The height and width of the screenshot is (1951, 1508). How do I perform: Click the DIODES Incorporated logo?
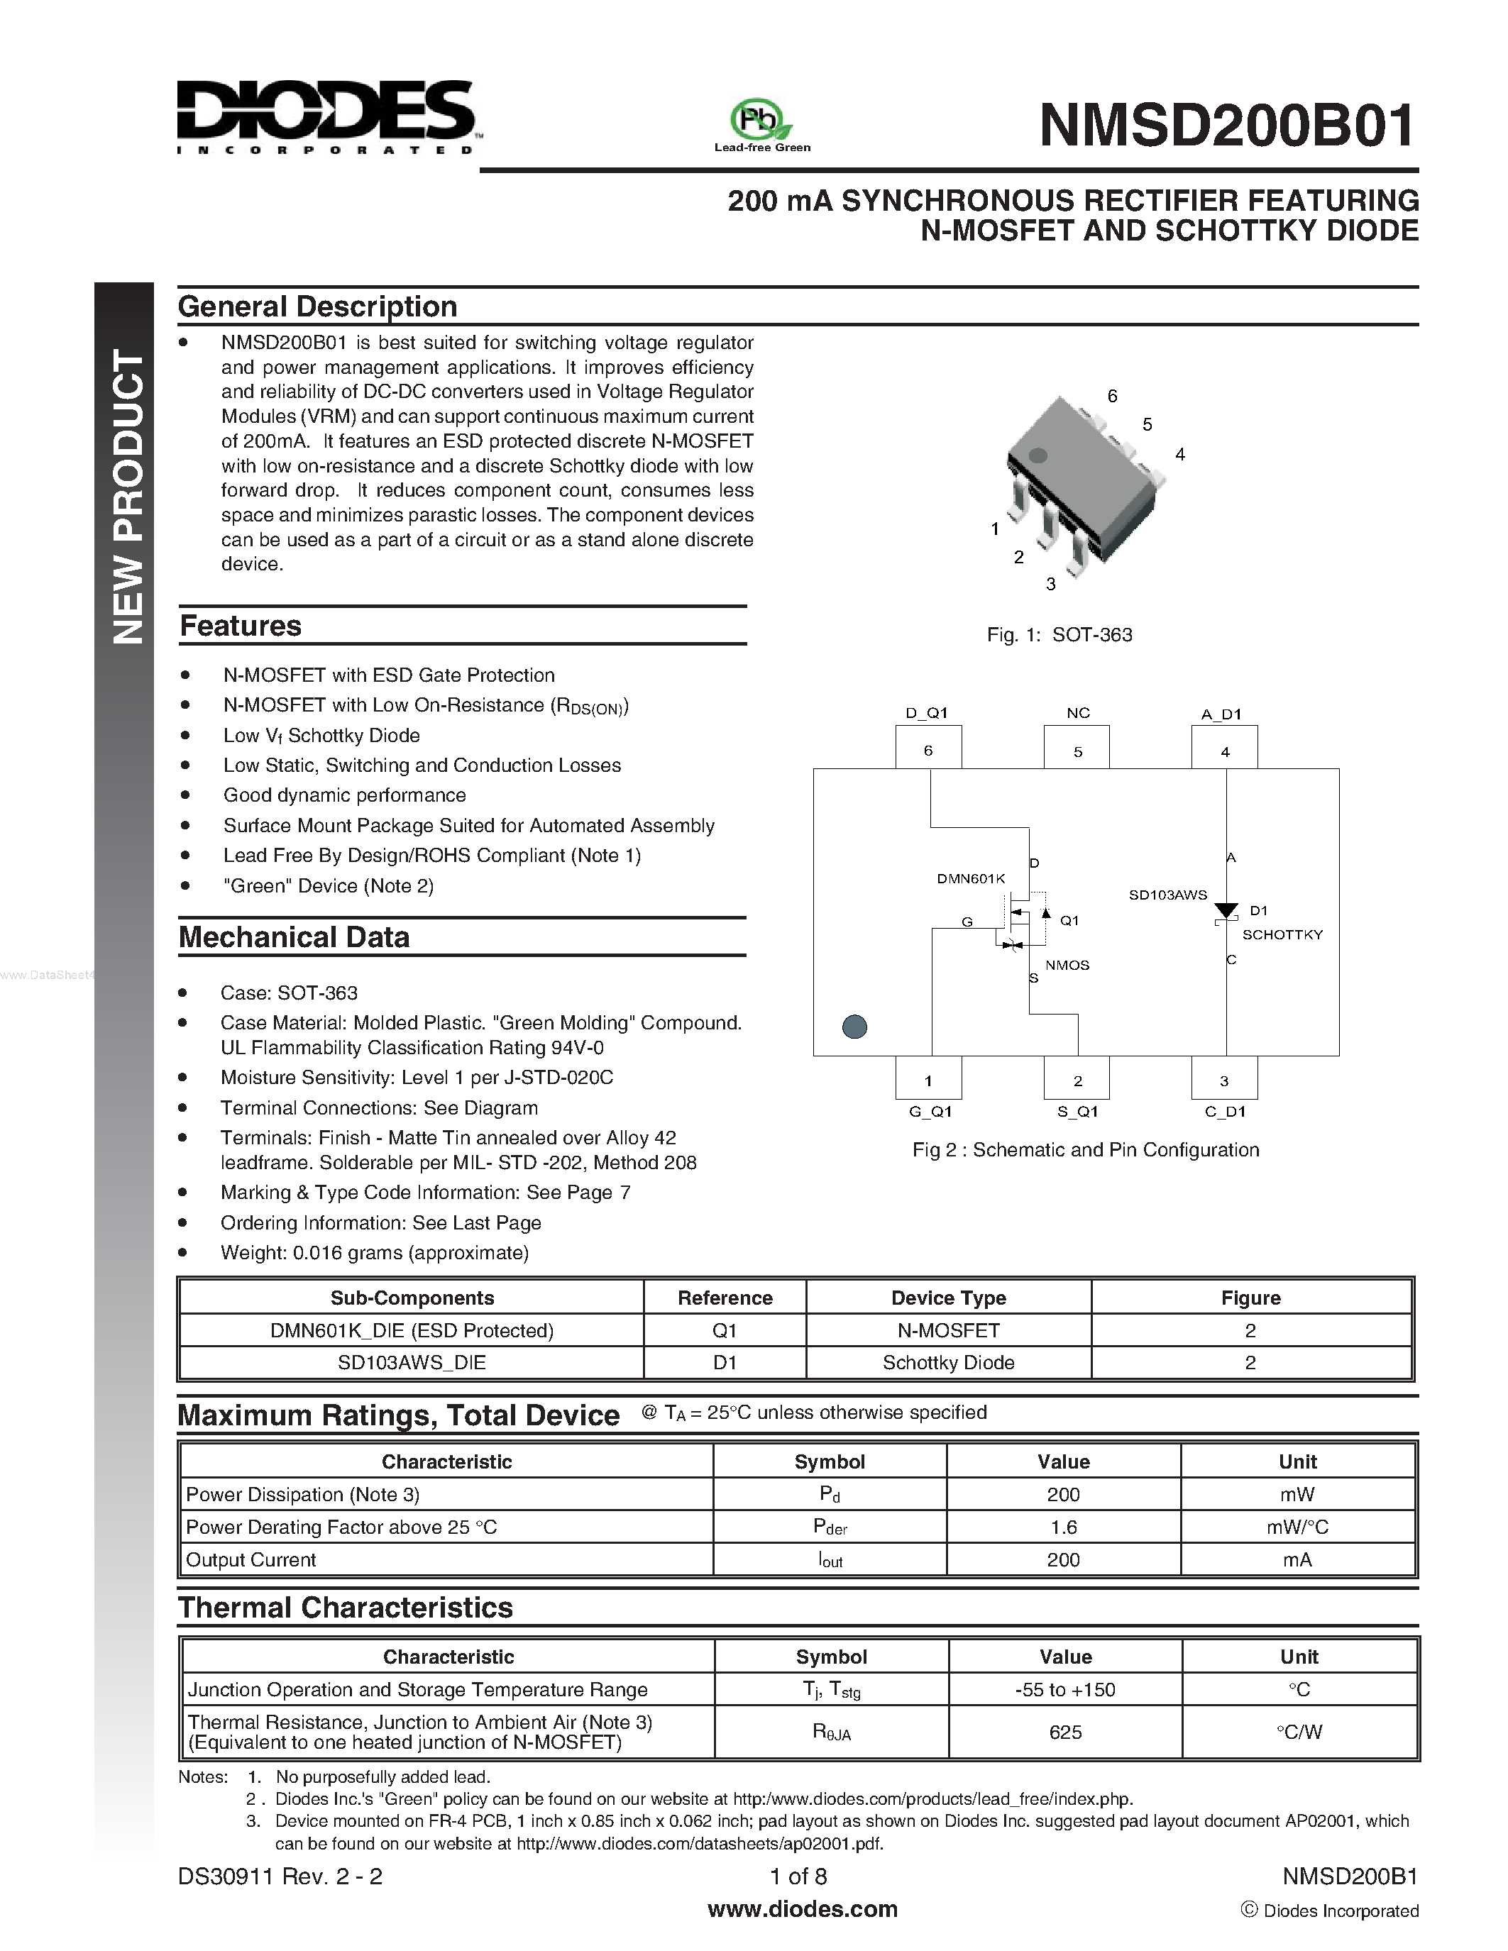[x=326, y=116]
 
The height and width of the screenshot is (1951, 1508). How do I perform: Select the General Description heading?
[x=317, y=306]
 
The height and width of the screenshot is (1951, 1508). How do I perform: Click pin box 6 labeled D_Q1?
[x=928, y=748]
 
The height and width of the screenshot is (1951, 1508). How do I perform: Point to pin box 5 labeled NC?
[x=1077, y=748]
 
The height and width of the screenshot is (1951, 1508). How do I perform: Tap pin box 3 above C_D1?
[x=1224, y=1078]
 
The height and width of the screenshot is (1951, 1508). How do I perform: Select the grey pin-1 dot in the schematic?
[x=855, y=1027]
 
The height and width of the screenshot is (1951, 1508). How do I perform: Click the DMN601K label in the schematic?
[x=971, y=878]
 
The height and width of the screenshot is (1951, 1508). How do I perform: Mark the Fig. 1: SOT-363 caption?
[x=1059, y=634]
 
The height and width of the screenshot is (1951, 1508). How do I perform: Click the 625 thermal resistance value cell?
[x=1065, y=1732]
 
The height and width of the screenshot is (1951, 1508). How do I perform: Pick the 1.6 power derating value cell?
[x=1063, y=1527]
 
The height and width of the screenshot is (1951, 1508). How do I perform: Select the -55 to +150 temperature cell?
[x=1065, y=1689]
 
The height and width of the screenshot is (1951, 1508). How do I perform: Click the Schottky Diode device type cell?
[x=948, y=1362]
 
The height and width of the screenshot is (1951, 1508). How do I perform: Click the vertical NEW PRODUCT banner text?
[x=126, y=497]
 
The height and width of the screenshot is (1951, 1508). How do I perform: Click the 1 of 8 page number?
[x=798, y=1876]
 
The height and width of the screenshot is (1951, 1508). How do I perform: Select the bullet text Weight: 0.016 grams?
[x=374, y=1252]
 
